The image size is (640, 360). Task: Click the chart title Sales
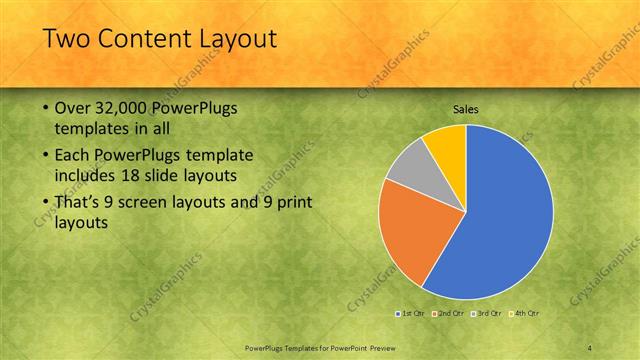[466, 109]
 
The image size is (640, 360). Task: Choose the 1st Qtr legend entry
[411, 314]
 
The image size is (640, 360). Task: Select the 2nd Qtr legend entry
[452, 314]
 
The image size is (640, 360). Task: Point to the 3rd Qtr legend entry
[489, 314]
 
